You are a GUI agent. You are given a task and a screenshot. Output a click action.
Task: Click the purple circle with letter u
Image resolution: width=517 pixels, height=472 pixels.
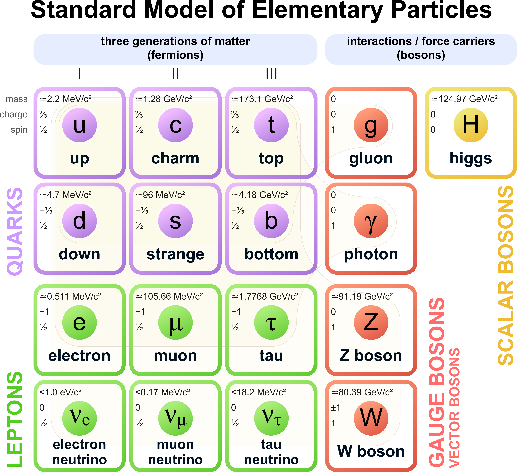tap(80, 125)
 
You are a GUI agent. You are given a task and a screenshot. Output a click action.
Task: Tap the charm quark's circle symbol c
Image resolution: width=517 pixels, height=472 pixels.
tap(175, 125)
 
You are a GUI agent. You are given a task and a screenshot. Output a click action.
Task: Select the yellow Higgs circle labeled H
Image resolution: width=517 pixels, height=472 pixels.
tap(471, 125)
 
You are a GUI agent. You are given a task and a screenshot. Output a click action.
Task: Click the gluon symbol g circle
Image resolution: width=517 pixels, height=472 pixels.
tap(371, 125)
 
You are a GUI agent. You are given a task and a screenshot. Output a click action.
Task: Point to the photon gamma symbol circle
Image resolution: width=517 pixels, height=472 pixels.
tap(371, 221)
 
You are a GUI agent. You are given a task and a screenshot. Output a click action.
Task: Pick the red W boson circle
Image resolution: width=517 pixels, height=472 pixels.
tap(371, 418)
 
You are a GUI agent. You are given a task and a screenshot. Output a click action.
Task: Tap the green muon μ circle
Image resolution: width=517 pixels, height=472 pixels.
tap(175, 322)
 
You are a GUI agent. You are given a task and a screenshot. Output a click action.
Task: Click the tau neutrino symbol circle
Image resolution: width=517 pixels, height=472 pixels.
tap(271, 418)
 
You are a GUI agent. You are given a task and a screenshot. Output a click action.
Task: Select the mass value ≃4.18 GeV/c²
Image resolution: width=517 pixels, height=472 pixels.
tap(260, 195)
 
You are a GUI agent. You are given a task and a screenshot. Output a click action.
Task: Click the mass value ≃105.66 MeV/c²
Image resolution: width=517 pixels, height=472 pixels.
tap(169, 296)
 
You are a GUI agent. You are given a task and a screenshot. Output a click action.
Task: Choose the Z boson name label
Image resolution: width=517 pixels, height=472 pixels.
tap(371, 356)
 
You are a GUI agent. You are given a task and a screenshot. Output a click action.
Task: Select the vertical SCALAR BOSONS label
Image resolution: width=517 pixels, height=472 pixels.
tap(506, 275)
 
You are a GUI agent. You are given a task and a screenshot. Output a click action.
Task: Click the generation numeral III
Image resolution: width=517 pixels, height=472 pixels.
tap(271, 74)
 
